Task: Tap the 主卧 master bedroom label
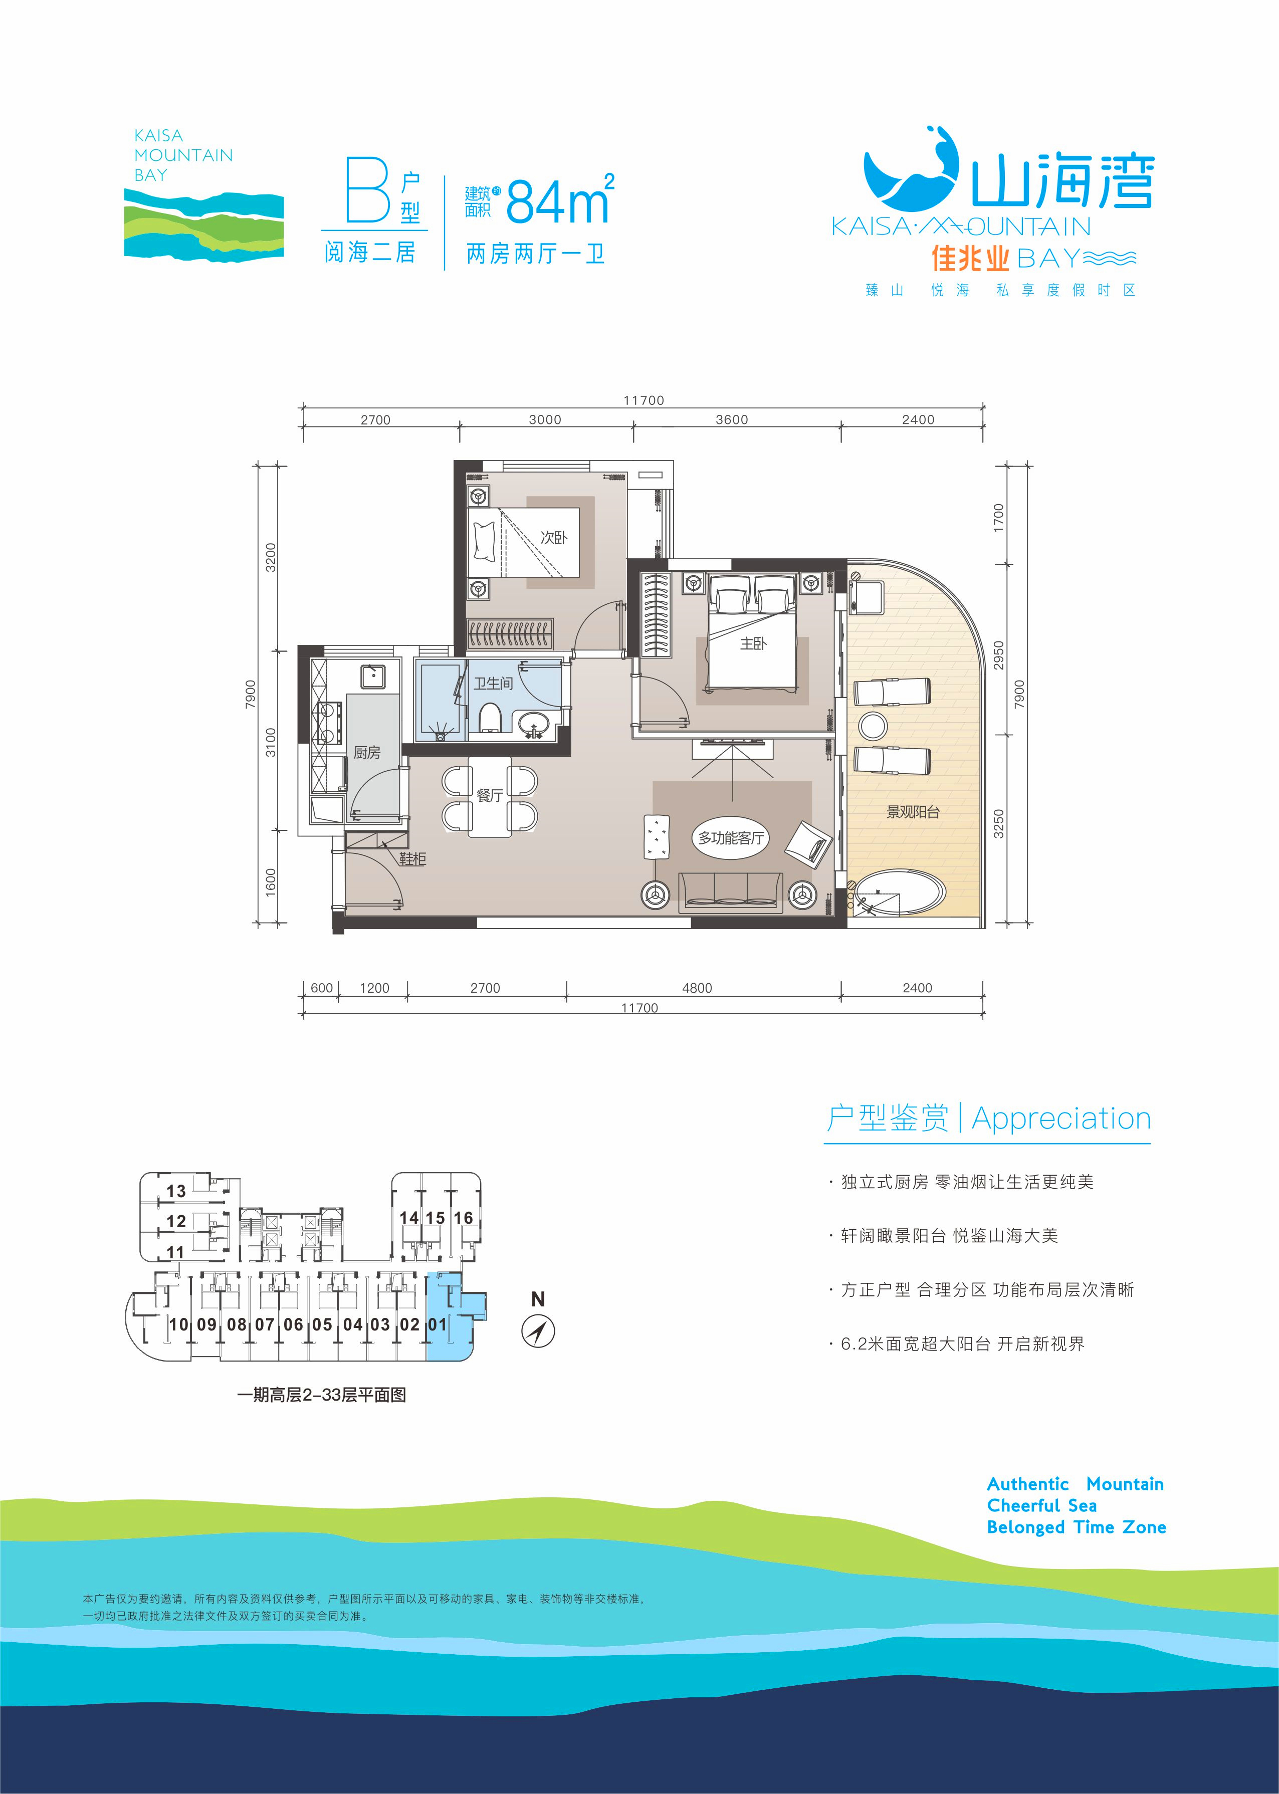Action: pyautogui.click(x=753, y=643)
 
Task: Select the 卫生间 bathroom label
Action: pyautogui.click(x=493, y=683)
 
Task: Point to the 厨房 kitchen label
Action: pyautogui.click(x=367, y=752)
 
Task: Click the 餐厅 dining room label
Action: pyautogui.click(x=489, y=795)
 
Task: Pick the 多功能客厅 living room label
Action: pyautogui.click(x=731, y=838)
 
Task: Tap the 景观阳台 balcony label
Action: pyautogui.click(x=913, y=811)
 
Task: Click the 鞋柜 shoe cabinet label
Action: pyautogui.click(x=412, y=858)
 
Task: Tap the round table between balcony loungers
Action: pyautogui.click(x=873, y=725)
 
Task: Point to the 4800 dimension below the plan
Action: pyautogui.click(x=697, y=988)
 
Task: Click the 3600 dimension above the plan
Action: pyautogui.click(x=732, y=420)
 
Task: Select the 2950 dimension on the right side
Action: pyautogui.click(x=999, y=655)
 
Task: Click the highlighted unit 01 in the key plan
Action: pyautogui.click(x=439, y=1324)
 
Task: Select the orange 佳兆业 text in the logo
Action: pyautogui.click(x=969, y=258)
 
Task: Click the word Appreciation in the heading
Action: pyautogui.click(x=1061, y=1118)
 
